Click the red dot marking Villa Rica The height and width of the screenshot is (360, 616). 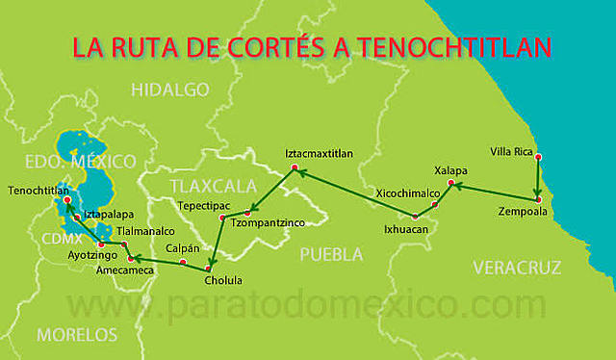tap(538, 157)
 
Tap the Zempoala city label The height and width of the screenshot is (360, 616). tap(524, 210)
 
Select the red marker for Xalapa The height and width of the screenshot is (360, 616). tap(451, 183)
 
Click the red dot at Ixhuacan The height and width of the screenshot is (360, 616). tap(415, 217)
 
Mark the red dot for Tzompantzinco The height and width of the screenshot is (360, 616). tap(248, 212)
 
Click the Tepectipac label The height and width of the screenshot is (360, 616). tap(199, 206)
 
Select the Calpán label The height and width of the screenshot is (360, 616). tap(183, 248)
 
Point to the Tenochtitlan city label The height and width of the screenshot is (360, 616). tap(38, 191)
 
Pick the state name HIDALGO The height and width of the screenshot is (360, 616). tap(170, 90)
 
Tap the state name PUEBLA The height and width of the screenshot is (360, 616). tap(331, 255)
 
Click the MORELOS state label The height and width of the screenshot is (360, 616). tap(77, 335)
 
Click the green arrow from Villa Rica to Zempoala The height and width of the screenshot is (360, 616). tap(538, 179)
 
